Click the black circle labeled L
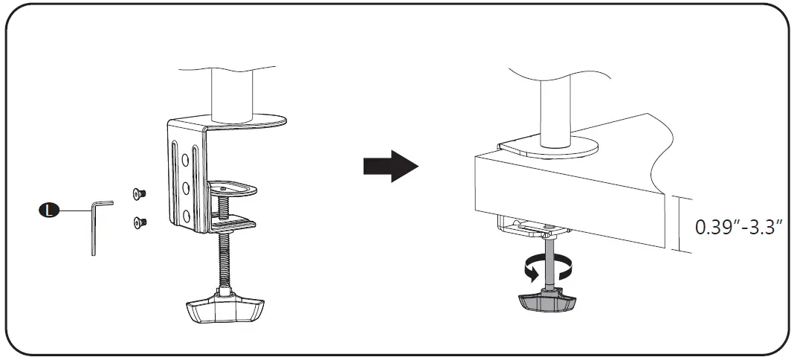[48, 210]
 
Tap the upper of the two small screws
[138, 194]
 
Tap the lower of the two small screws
[138, 221]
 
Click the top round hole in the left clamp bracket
[186, 157]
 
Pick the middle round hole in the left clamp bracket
[186, 186]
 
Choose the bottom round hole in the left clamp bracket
[186, 216]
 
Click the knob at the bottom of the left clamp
[222, 307]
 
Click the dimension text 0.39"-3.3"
[739, 227]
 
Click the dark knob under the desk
[549, 300]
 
